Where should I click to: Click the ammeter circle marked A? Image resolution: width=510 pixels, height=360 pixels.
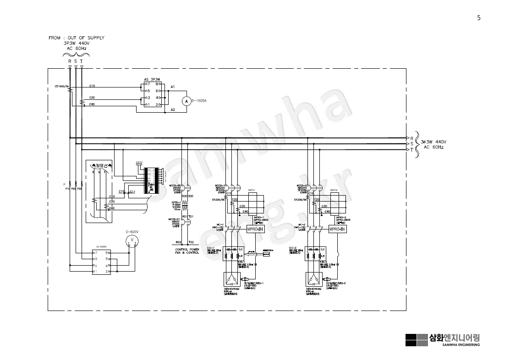click(x=186, y=101)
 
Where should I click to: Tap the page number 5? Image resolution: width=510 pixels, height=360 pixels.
click(x=479, y=18)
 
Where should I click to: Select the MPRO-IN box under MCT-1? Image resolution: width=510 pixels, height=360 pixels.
click(x=256, y=229)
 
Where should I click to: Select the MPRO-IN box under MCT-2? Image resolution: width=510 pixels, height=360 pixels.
click(x=338, y=229)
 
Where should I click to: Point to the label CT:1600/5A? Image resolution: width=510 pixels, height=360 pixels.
click(x=61, y=86)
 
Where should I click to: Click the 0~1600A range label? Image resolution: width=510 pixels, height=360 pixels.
click(x=200, y=101)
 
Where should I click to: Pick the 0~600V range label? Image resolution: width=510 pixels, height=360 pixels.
click(x=132, y=232)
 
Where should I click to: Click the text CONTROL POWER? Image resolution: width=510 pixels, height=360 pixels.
click(x=187, y=250)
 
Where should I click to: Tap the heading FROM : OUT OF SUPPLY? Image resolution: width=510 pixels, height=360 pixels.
click(x=77, y=38)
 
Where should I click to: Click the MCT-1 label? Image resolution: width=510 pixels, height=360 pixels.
click(x=252, y=190)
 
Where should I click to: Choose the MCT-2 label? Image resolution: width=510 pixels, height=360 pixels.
click(x=334, y=190)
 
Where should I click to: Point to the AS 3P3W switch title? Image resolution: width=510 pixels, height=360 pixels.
click(x=153, y=79)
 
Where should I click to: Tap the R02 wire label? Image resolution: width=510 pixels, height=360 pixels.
click(x=179, y=241)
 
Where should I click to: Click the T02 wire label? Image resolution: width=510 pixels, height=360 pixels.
click(x=191, y=241)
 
